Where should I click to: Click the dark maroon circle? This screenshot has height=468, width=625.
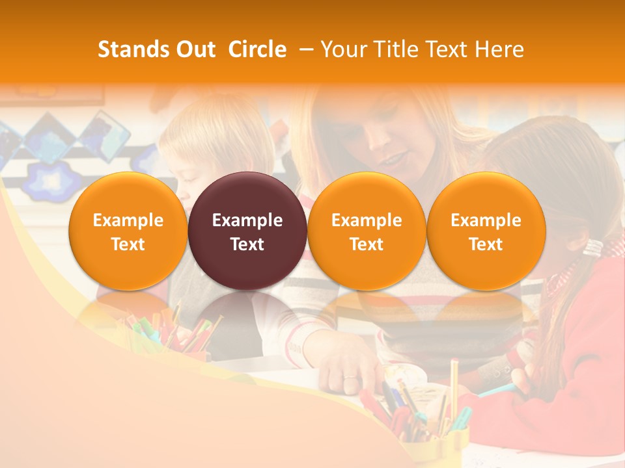click(x=247, y=231)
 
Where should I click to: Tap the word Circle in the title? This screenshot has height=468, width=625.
click(x=257, y=49)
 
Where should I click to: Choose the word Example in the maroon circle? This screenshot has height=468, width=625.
click(x=247, y=220)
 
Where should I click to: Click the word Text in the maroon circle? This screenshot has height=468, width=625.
click(x=247, y=244)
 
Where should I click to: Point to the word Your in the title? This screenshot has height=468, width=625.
click(x=340, y=49)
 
